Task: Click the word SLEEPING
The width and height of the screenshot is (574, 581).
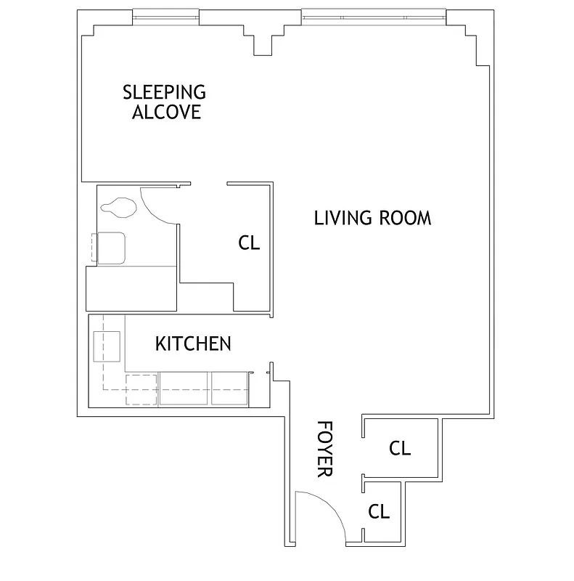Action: [x=164, y=92]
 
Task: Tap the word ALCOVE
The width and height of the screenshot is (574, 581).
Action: [x=165, y=113]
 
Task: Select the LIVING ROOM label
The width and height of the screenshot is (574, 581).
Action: [x=372, y=218]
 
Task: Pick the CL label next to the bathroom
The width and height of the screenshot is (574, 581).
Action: [x=249, y=243]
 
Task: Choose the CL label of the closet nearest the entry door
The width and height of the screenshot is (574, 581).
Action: [x=379, y=512]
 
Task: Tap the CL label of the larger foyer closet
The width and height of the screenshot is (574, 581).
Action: [x=400, y=449]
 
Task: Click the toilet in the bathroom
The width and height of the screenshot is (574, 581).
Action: [x=119, y=208]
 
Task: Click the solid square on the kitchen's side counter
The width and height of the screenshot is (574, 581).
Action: [x=106, y=346]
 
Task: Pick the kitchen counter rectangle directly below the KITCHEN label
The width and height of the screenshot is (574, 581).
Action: [x=184, y=388]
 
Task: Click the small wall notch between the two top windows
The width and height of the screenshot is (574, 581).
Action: [x=263, y=45]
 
